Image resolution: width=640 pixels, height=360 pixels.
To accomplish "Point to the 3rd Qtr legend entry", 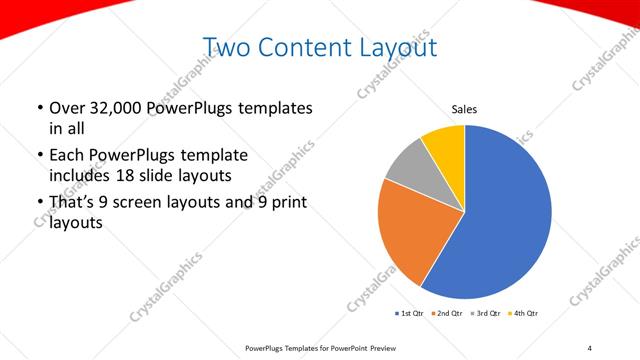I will coord(485,314).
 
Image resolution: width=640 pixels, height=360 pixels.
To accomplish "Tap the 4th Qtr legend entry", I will coord(524,314).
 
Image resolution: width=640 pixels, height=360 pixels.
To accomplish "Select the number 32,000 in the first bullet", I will coord(114,108).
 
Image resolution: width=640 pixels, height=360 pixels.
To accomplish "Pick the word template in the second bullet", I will coord(211,156).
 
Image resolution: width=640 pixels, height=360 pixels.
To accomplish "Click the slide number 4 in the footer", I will coord(589,346).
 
